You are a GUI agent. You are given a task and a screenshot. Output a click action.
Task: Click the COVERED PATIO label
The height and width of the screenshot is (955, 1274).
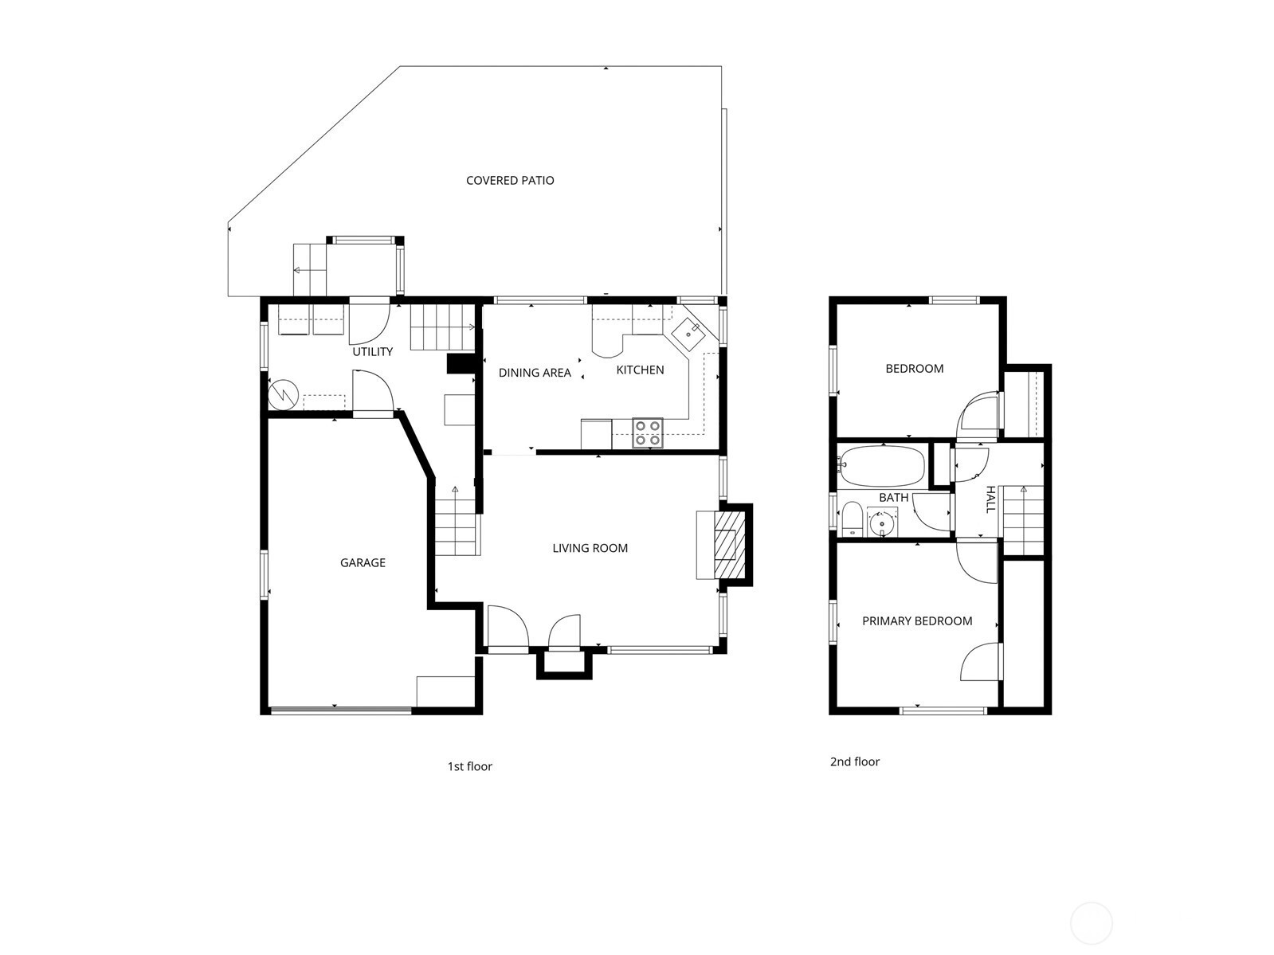(x=510, y=181)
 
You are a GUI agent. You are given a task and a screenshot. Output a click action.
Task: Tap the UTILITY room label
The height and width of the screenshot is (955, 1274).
(x=373, y=351)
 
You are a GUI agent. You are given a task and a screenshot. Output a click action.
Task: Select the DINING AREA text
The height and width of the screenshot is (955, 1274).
(x=535, y=373)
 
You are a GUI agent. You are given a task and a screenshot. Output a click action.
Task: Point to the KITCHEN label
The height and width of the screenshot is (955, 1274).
(x=640, y=370)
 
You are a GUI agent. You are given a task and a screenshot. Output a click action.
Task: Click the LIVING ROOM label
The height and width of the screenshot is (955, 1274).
(x=590, y=548)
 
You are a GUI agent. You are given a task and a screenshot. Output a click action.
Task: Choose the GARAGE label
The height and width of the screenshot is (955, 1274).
(x=363, y=562)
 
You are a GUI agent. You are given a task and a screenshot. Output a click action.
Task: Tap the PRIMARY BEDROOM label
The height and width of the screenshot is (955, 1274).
(x=917, y=620)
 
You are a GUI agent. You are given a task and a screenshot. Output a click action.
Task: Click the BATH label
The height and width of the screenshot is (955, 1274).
(x=893, y=497)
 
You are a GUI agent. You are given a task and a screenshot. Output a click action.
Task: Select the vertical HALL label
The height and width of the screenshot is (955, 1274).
(x=991, y=499)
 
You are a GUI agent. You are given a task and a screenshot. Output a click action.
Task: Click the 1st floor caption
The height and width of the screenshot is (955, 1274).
(x=469, y=766)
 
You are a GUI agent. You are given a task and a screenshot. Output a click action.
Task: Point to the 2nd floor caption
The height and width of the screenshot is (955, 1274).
(x=854, y=761)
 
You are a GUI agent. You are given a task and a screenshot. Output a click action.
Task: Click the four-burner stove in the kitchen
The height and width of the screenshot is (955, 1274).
(x=647, y=432)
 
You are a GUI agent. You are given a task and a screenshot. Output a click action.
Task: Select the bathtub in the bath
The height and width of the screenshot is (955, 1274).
(x=882, y=466)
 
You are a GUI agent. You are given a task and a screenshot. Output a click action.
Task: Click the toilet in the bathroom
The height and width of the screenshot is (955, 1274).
(x=852, y=519)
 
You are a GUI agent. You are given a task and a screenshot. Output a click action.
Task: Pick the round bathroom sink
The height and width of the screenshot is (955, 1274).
(x=882, y=524)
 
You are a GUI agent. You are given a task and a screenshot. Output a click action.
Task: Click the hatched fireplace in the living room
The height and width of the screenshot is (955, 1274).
(x=729, y=544)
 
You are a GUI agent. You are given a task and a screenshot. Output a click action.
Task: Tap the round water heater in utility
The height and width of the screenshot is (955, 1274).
(x=283, y=395)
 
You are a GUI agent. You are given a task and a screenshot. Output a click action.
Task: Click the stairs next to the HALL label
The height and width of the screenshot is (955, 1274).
(x=1023, y=520)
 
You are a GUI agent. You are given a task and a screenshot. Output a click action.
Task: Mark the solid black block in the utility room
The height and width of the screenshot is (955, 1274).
(x=461, y=364)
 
